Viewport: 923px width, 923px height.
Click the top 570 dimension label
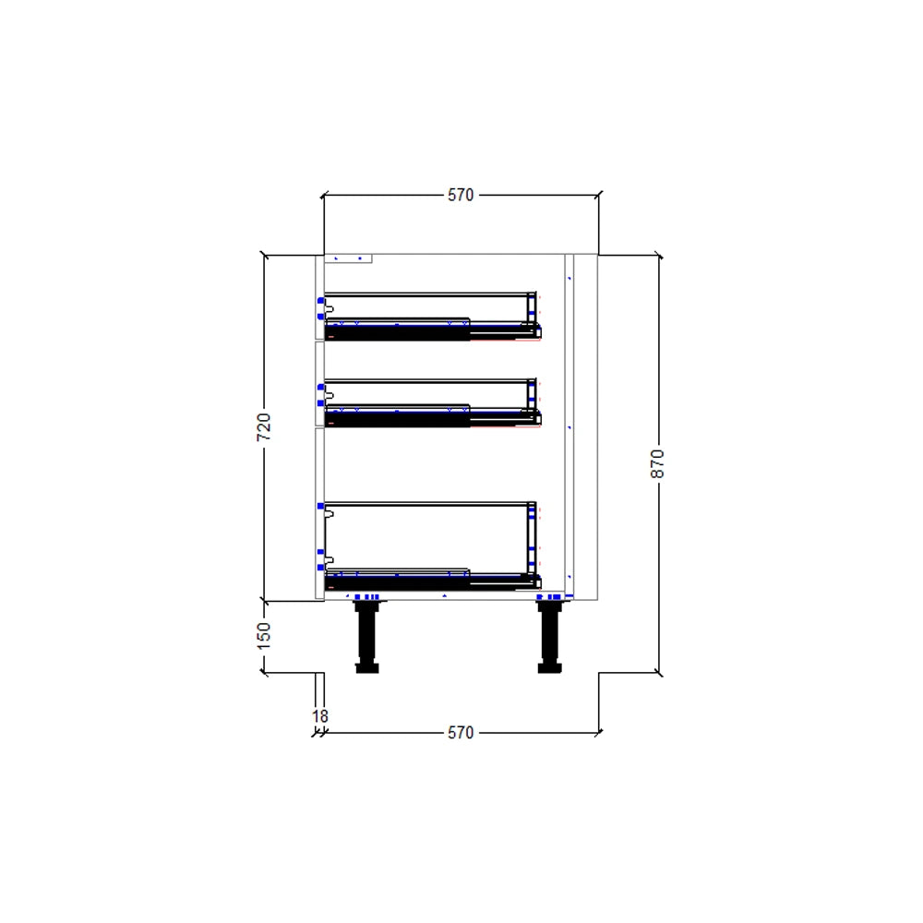point(461,195)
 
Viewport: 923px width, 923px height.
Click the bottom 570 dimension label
point(461,733)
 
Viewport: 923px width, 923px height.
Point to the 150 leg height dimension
point(264,636)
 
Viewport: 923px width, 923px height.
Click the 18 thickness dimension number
point(320,715)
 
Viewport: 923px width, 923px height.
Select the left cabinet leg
point(366,636)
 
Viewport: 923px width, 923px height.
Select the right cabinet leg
point(550,636)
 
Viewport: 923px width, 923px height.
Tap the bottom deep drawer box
point(429,535)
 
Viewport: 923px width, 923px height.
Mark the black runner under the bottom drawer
point(397,582)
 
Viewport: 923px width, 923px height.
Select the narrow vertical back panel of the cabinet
point(569,425)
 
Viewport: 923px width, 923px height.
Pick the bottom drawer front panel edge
point(319,512)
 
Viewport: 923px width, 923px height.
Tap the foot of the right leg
point(550,667)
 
